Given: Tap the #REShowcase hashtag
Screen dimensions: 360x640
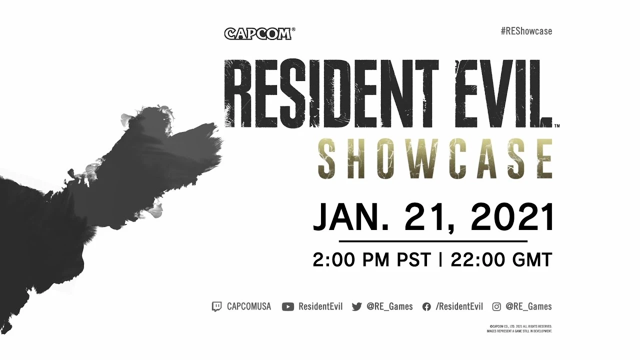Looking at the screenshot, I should coord(526,31).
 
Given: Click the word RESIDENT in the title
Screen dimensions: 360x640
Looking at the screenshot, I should coord(330,94).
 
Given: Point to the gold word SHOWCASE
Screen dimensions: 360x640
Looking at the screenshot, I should coord(435,158).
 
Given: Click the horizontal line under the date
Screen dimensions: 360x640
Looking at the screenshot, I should coord(433,241).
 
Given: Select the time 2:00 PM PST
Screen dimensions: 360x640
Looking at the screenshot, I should coord(371,260).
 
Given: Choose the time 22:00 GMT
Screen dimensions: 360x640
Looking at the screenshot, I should coord(501,260).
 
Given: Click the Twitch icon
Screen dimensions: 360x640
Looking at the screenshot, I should coord(216,306).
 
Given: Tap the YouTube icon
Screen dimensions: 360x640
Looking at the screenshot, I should coord(287,306).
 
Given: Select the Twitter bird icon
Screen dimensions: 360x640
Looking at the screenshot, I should coord(356,306).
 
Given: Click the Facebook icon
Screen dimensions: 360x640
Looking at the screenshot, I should coord(426,306).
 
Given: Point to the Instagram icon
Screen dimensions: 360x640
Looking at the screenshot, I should coord(496,306).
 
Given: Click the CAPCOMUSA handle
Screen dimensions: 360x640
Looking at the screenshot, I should coord(248,306).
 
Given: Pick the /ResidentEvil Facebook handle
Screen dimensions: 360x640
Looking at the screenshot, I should coord(459,306).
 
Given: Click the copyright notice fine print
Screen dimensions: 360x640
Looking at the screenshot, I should coord(519,328).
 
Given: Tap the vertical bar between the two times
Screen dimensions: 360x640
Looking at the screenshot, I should coord(440,260).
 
